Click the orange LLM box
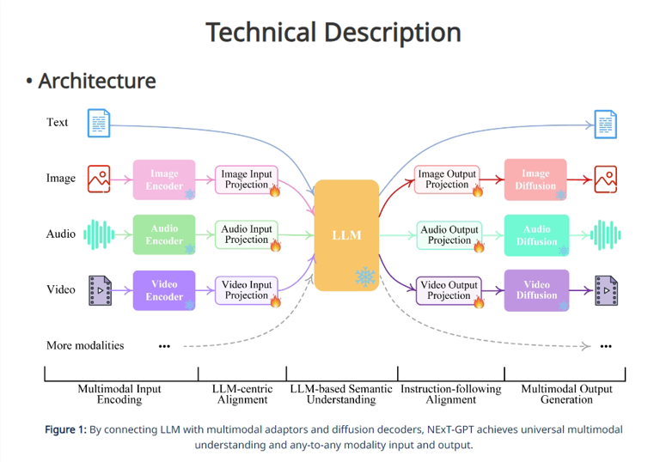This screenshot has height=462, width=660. [x=346, y=235]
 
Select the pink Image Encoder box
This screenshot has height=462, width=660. [x=164, y=179]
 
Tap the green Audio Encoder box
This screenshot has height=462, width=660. [x=164, y=234]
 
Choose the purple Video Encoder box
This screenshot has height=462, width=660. [x=164, y=290]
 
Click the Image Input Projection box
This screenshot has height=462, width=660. [x=247, y=179]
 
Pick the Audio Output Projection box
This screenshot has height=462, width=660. [x=449, y=235]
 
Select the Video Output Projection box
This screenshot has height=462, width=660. [x=449, y=290]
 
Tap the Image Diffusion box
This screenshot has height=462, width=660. [x=535, y=179]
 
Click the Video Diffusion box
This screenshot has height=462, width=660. [x=536, y=290]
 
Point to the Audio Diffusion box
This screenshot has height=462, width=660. [x=536, y=235]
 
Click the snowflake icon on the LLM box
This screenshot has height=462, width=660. [x=365, y=277]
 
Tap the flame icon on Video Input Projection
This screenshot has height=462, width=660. [x=275, y=301]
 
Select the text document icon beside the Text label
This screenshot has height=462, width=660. [x=99, y=123]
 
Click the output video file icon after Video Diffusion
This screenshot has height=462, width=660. [x=607, y=290]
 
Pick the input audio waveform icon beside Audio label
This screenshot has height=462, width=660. [x=99, y=234]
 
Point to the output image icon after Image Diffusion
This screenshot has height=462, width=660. [x=606, y=179]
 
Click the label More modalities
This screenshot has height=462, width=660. [x=85, y=345]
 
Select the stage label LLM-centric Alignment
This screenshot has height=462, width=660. [x=242, y=394]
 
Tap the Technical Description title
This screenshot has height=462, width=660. [x=333, y=33]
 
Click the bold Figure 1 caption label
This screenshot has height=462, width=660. [x=65, y=429]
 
